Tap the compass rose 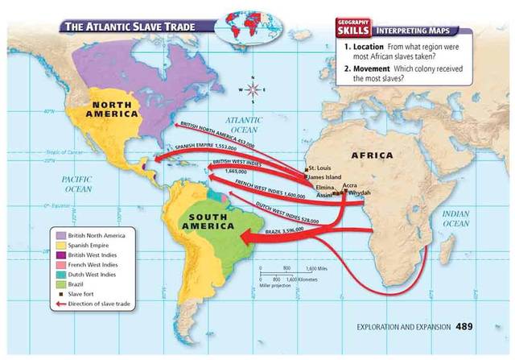[x=253, y=89]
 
